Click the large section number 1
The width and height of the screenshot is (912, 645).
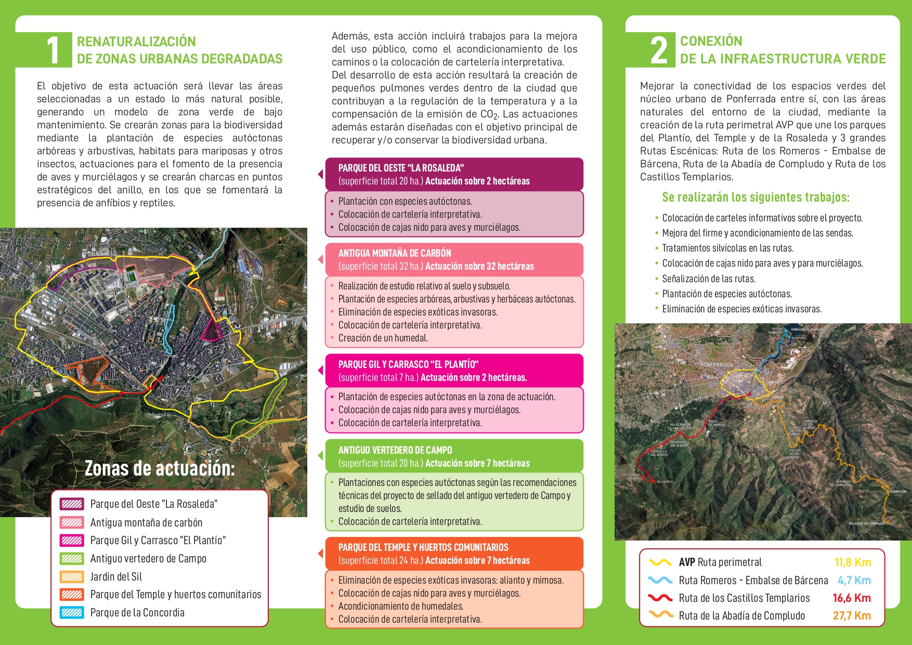pyautogui.click(x=53, y=51)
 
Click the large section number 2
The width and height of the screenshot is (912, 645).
pyautogui.click(x=659, y=51)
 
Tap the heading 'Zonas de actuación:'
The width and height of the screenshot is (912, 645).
pyautogui.click(x=160, y=469)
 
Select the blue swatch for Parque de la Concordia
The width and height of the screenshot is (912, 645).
pyautogui.click(x=71, y=613)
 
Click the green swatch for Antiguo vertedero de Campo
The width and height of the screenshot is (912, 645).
pyautogui.click(x=71, y=559)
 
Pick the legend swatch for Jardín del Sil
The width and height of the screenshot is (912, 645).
pyautogui.click(x=71, y=577)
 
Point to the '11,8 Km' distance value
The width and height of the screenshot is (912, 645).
pyautogui.click(x=852, y=562)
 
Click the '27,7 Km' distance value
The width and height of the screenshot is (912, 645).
pyautogui.click(x=852, y=616)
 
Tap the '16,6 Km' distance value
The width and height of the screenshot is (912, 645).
pyautogui.click(x=852, y=598)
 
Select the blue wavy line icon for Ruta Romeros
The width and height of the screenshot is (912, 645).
pyautogui.click(x=660, y=580)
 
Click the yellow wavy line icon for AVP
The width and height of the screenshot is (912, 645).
pyautogui.click(x=660, y=562)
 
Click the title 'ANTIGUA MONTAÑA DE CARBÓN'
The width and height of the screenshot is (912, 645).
pyautogui.click(x=395, y=254)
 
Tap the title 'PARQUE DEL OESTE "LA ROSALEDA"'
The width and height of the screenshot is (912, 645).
pyautogui.click(x=401, y=168)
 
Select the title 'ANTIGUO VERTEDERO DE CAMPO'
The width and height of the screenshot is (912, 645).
pyautogui.click(x=395, y=451)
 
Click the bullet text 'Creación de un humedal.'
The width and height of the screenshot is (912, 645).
pyautogui.click(x=383, y=338)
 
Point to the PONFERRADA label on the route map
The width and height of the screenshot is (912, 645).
pyautogui.click(x=716, y=365)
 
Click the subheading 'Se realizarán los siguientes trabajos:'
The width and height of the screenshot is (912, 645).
pyautogui.click(x=755, y=198)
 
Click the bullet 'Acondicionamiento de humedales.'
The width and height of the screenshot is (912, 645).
pyautogui.click(x=401, y=607)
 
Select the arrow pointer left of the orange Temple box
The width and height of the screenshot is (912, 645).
pyautogui.click(x=321, y=554)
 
